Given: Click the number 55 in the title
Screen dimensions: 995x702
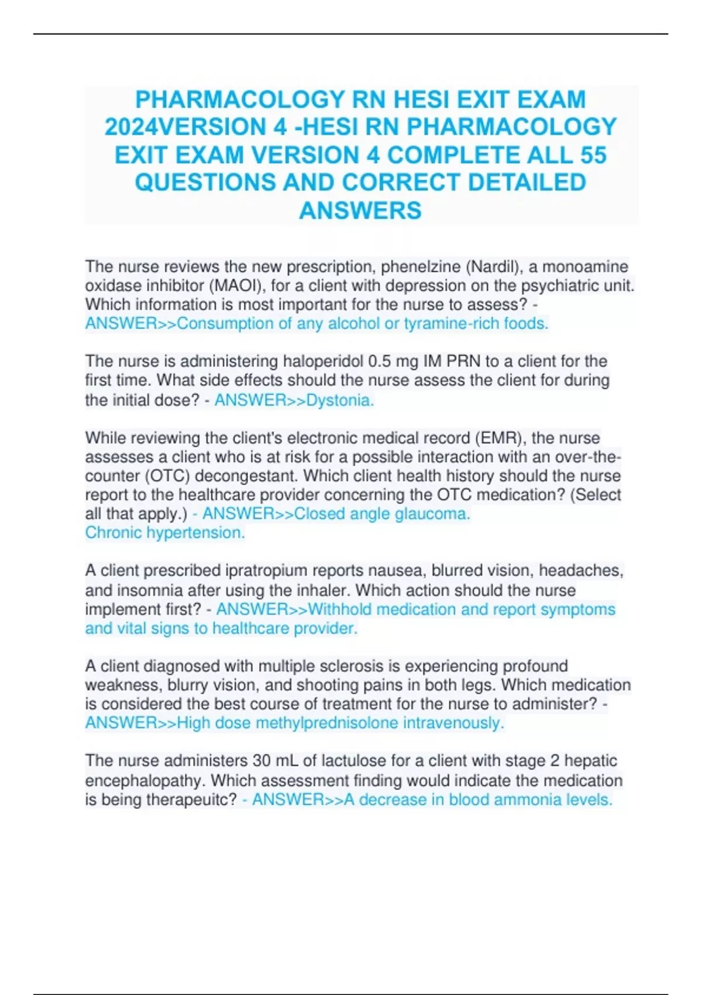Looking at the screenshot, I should [591, 155].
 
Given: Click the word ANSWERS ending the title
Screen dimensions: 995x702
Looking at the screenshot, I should [360, 211].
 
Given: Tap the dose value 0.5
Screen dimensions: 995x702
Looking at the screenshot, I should [381, 361].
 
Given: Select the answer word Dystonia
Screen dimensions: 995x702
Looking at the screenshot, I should [340, 400].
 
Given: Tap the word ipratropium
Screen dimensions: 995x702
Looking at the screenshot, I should [259, 571].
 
